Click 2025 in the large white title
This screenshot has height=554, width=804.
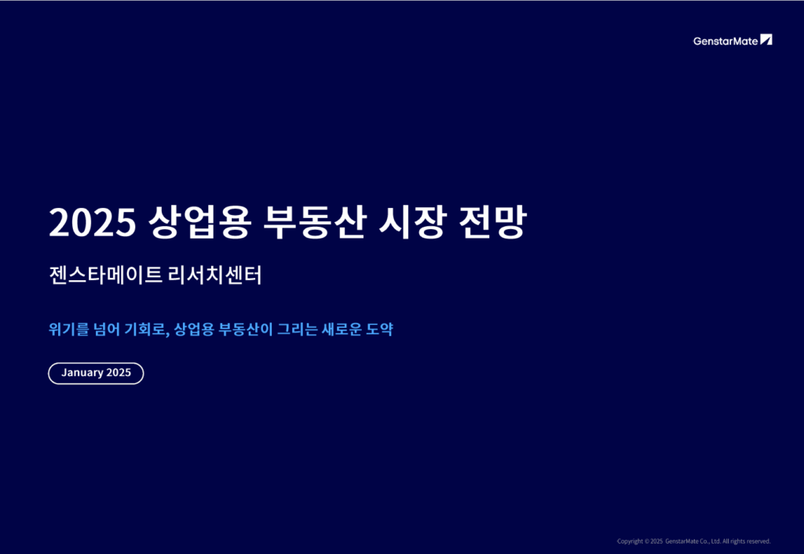pos(93,222)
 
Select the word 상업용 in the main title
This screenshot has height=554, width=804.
pos(199,222)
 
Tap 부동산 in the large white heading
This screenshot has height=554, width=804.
pos(315,222)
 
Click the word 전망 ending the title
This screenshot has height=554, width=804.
pos(492,222)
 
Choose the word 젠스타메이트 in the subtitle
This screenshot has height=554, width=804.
pos(106,275)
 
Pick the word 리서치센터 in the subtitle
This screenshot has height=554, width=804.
pos(215,275)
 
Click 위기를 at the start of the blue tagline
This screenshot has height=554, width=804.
pos(69,329)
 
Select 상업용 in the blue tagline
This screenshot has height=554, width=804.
pos(193,329)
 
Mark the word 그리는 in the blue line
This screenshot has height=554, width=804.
pos(297,329)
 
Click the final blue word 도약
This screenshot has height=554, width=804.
pos(379,329)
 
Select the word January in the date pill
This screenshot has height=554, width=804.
pos(82,373)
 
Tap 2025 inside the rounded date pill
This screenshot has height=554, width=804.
pos(119,373)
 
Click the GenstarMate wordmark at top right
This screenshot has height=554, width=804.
pos(725,41)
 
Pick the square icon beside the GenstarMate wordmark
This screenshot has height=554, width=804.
pos(766,39)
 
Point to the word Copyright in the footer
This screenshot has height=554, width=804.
pos(630,541)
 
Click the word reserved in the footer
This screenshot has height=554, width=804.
pos(758,541)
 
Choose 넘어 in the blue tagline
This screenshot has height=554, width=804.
pos(106,329)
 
